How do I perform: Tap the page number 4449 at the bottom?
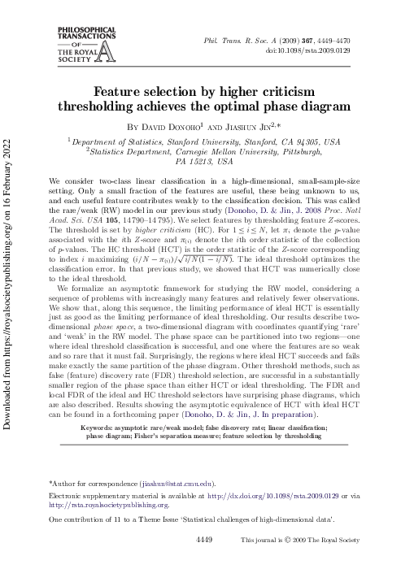[204, 539]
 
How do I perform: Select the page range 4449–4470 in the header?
[357, 39]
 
